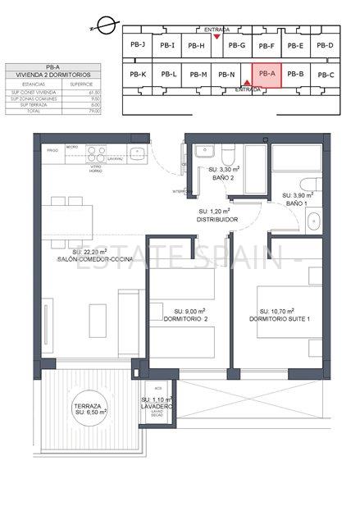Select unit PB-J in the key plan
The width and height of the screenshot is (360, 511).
coord(138,45)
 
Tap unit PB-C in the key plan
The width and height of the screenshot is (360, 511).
coord(326,75)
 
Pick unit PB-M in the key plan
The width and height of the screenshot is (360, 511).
coord(198,75)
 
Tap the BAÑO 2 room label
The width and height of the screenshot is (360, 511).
coord(212,177)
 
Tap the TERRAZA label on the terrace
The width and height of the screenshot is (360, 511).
coord(86,406)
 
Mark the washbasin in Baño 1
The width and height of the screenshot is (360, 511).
coord(313,219)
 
